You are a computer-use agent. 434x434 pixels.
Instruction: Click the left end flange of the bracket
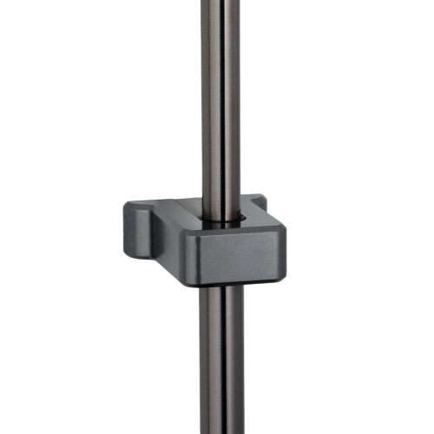point(135,226)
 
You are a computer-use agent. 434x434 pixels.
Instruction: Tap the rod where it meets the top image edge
point(222,3)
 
